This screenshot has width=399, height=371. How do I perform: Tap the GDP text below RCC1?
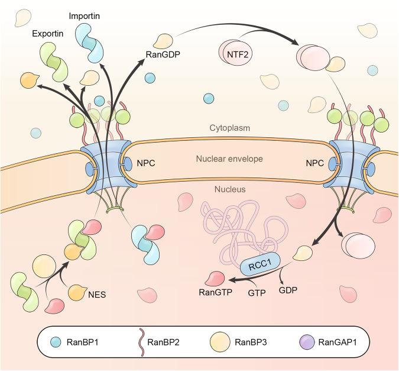coord(288,289)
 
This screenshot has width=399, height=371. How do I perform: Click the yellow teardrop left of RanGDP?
coord(163,43)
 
